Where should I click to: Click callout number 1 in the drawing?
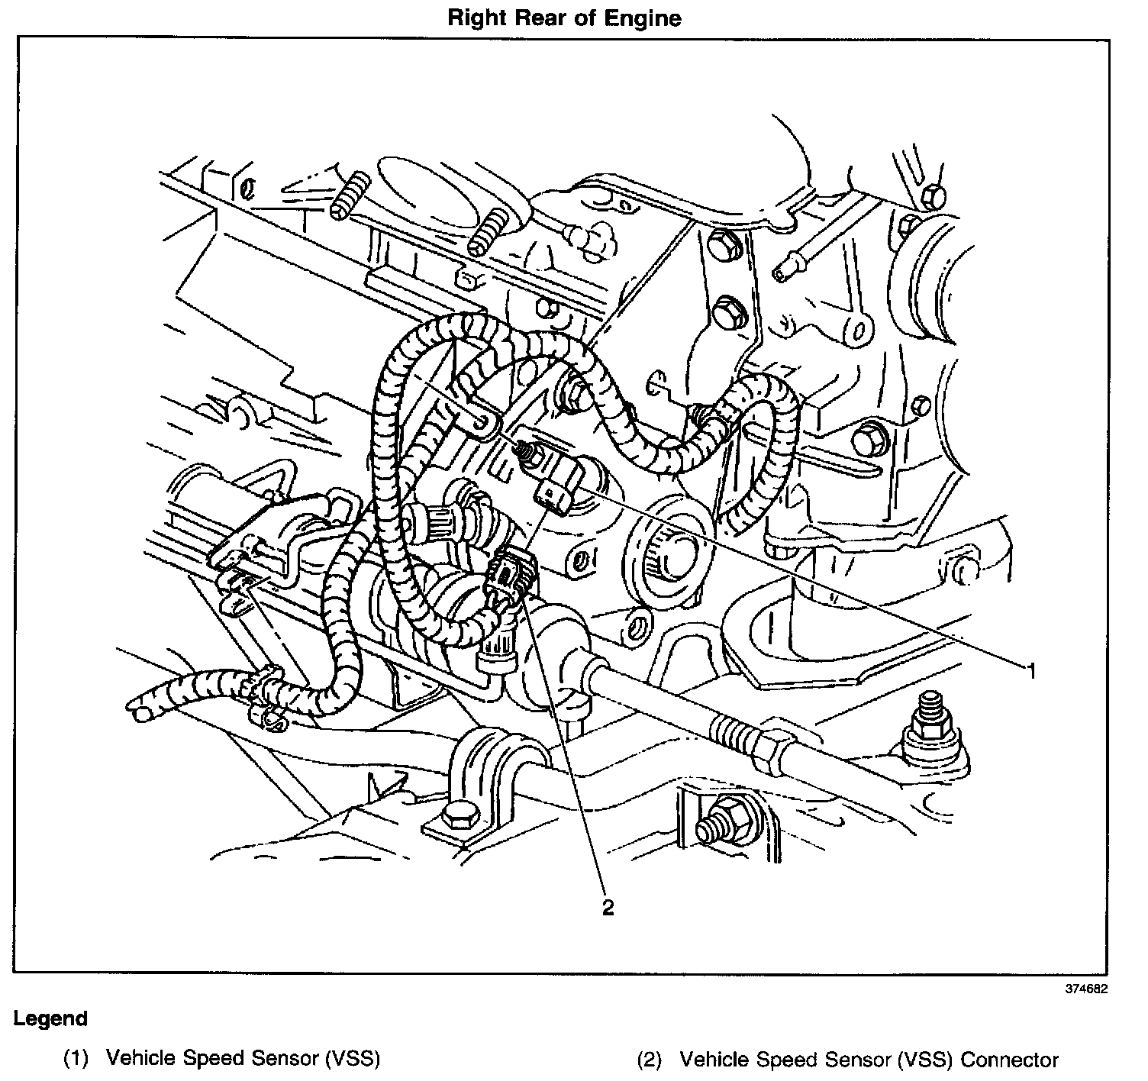(1030, 671)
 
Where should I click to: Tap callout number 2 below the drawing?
(608, 907)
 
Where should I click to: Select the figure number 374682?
(1086, 988)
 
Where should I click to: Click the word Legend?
(50, 1018)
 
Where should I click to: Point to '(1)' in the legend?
(76, 1059)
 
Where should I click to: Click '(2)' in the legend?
(650, 1060)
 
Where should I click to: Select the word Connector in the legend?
(1009, 1060)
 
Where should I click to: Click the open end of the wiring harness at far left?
(142, 715)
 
